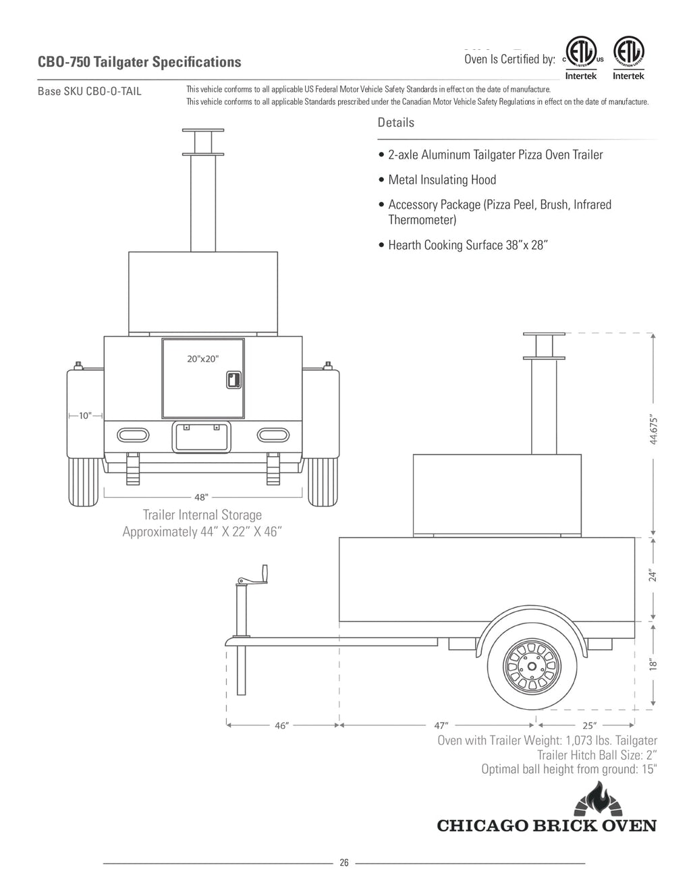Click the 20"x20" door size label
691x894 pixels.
(x=202, y=359)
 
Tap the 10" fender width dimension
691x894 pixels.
(x=85, y=416)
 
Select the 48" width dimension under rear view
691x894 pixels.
(x=201, y=497)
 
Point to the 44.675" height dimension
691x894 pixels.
(x=652, y=430)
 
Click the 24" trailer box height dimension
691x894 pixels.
(x=652, y=576)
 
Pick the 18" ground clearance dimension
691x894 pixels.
(x=652, y=664)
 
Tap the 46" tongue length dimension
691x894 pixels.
(x=282, y=726)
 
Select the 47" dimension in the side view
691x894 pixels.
(x=441, y=726)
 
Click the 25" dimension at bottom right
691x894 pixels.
(x=589, y=726)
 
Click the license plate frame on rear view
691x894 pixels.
(x=202, y=437)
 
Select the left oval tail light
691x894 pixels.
(x=134, y=433)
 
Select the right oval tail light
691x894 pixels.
(x=272, y=433)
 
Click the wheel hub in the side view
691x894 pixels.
(x=532, y=667)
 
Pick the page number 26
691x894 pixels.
(x=344, y=863)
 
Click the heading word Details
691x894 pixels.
(x=396, y=123)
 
